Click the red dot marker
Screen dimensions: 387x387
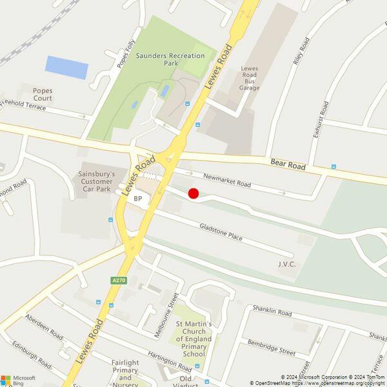pyautogui.click(x=193, y=193)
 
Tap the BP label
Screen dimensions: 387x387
pyautogui.click(x=138, y=199)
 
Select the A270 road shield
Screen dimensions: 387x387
pyautogui.click(x=117, y=281)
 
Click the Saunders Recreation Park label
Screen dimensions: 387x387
pyautogui.click(x=170, y=60)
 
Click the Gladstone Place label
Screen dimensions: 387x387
pyautogui.click(x=221, y=232)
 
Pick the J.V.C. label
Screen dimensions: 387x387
pyautogui.click(x=286, y=264)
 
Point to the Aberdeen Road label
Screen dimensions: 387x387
pyautogui.click(x=44, y=326)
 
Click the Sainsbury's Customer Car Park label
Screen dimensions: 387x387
pyautogui.click(x=96, y=183)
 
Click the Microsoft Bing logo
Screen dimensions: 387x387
pyautogui.click(x=17, y=380)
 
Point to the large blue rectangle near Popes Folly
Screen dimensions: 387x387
pyautogui.click(x=66, y=67)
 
